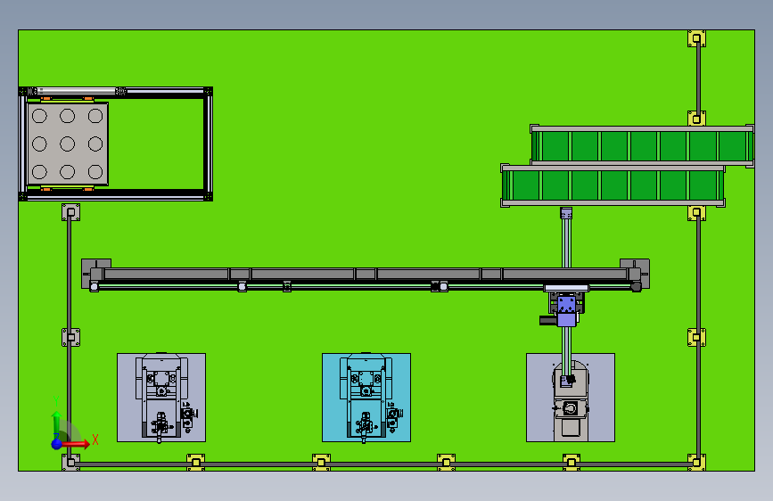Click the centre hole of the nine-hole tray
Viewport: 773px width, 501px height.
point(67,143)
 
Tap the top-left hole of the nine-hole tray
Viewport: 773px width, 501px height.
point(39,115)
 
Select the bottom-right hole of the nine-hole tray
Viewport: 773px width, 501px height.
point(95,171)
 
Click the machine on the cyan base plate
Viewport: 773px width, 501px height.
point(366,397)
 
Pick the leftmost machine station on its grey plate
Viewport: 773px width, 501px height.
point(161,397)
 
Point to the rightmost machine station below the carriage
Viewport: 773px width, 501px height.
point(570,398)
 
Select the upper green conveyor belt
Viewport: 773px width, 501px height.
point(642,145)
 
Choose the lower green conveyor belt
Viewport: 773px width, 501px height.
point(613,185)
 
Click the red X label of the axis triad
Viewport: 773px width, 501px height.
point(95,437)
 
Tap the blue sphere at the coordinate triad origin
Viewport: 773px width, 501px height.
point(57,442)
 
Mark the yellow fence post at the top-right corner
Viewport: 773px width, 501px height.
point(696,38)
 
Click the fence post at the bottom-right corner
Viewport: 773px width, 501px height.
point(696,461)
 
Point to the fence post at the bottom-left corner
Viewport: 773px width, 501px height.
point(70,461)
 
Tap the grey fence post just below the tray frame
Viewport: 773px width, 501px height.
point(70,213)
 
